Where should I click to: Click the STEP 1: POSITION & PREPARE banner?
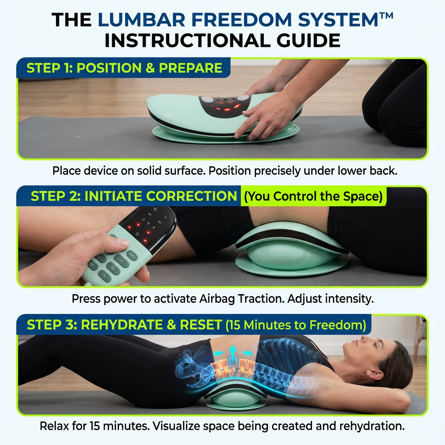coord(124,68)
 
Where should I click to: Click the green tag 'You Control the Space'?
coord(313,196)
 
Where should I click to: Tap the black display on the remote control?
coord(148,228)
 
